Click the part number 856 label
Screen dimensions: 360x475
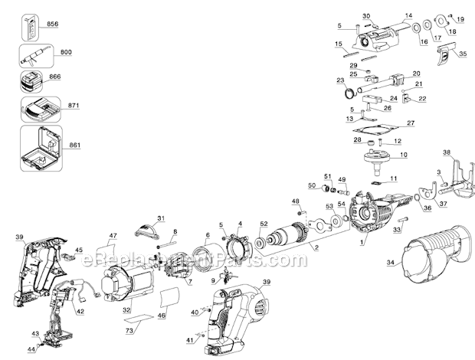pos(53,25)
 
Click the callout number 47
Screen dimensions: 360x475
pos(113,235)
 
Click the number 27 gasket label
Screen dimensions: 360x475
pos(411,123)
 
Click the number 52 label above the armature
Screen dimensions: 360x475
pos(264,224)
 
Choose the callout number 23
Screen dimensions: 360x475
pos(339,80)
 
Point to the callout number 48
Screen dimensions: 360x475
pos(295,201)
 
